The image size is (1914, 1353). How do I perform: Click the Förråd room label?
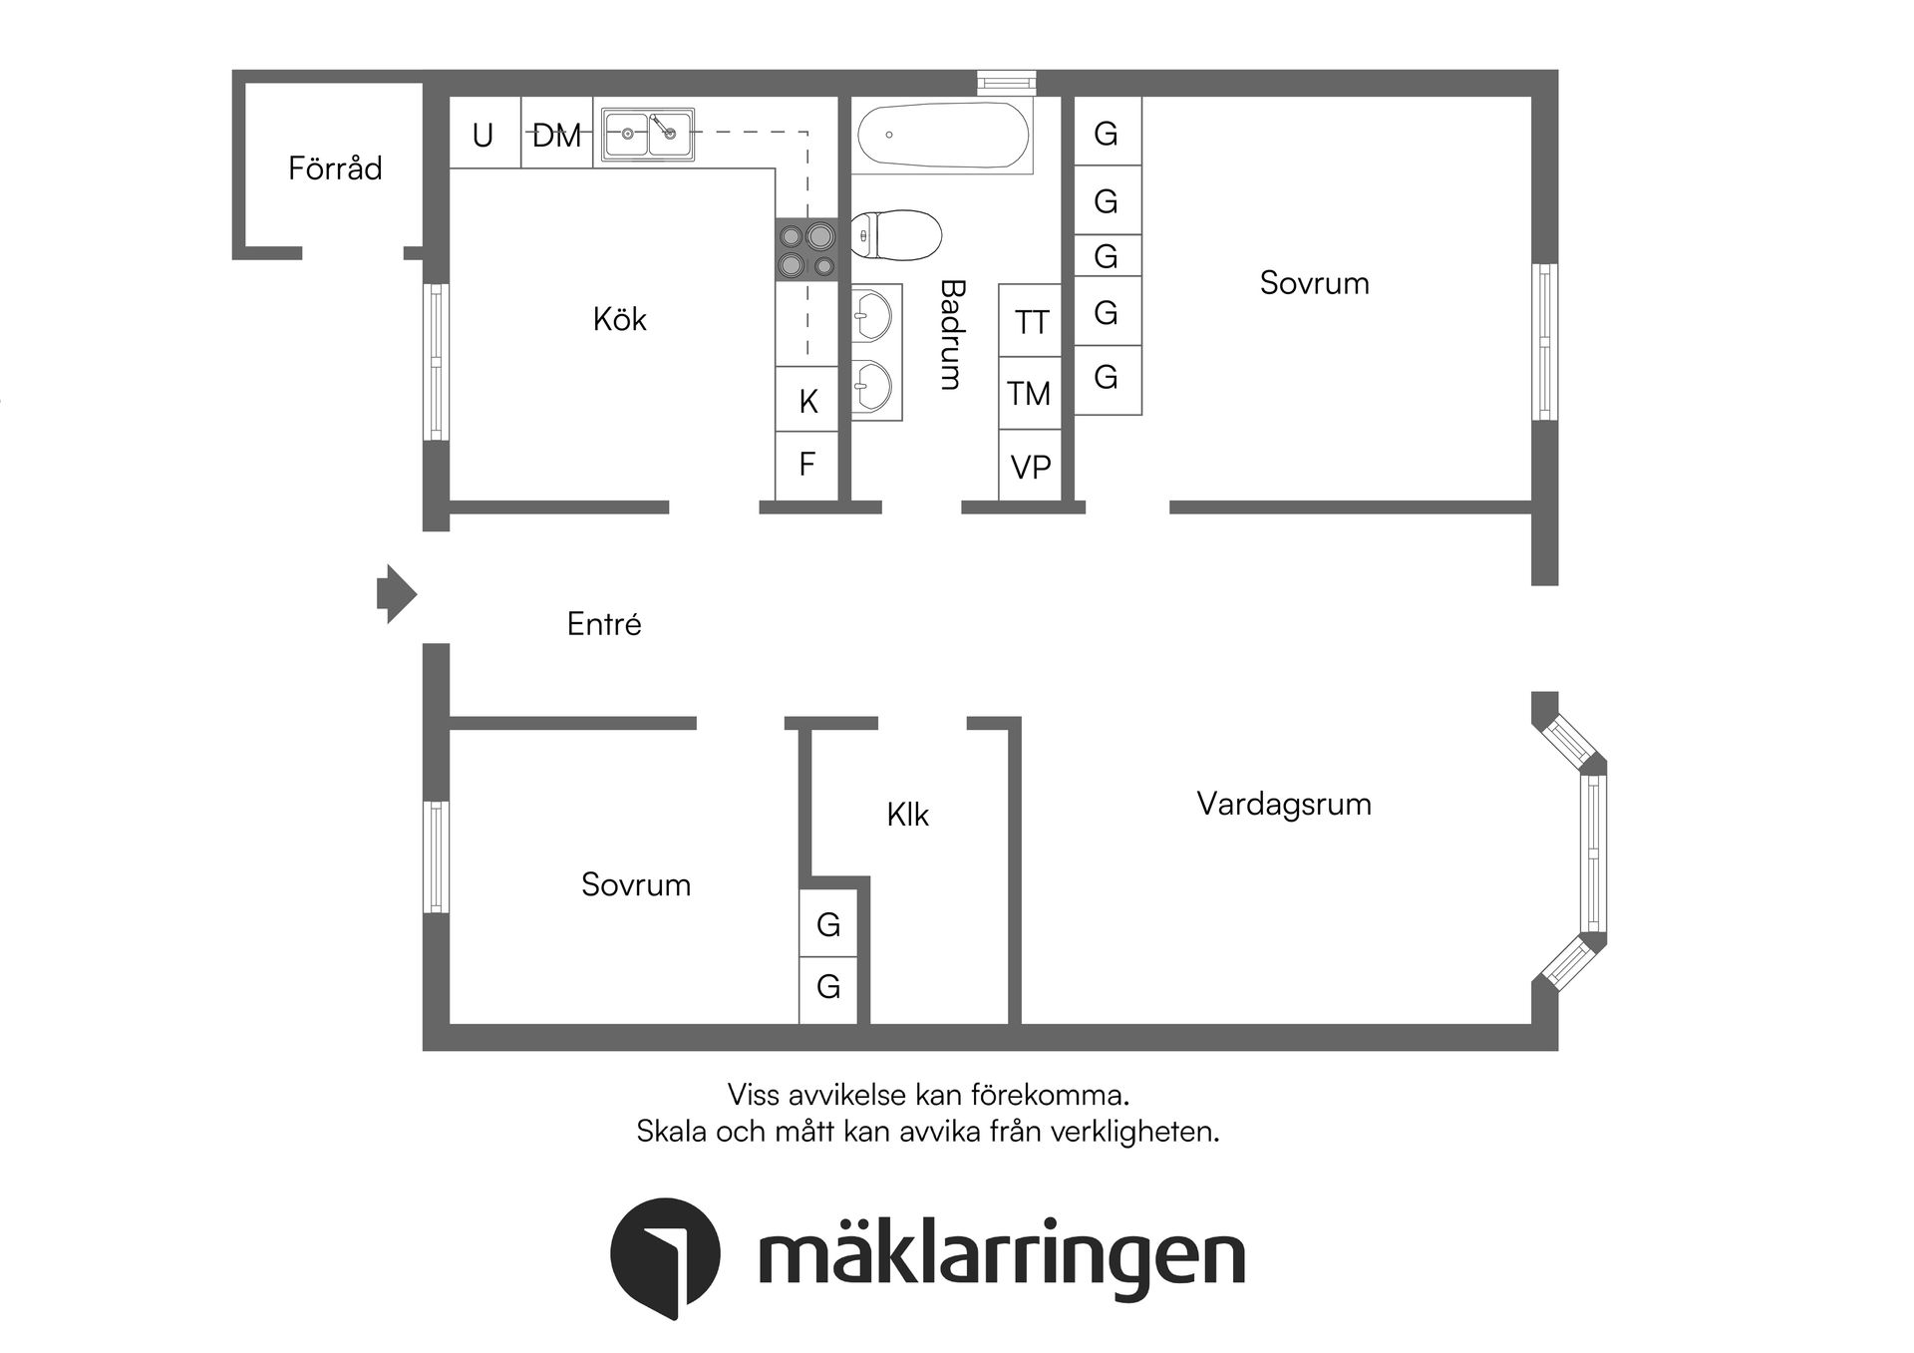point(335,168)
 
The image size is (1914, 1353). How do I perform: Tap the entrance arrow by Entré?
point(396,594)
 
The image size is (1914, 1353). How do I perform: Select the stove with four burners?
point(806,250)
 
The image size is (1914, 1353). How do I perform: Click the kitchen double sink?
point(648,134)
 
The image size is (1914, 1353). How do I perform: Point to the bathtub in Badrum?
point(942,137)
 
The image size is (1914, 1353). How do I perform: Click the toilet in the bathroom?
point(897,235)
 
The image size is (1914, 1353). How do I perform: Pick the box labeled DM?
point(556,134)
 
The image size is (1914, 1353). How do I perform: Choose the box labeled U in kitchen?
point(483,134)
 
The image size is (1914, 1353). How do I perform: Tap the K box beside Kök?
point(807,400)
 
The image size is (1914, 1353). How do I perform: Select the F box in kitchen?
point(807,465)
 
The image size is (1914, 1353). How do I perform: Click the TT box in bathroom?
point(1031,322)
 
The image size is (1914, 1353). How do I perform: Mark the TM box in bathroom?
point(1029,394)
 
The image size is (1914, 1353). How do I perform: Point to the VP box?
point(1030,467)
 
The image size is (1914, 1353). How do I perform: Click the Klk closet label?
point(907,815)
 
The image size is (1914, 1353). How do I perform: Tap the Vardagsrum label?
point(1284,804)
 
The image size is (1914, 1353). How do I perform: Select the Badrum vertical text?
point(952,334)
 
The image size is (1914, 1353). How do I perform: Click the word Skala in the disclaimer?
point(671,1132)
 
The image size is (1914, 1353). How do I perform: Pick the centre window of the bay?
point(1593,852)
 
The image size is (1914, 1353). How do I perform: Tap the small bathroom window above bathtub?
point(1006,83)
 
